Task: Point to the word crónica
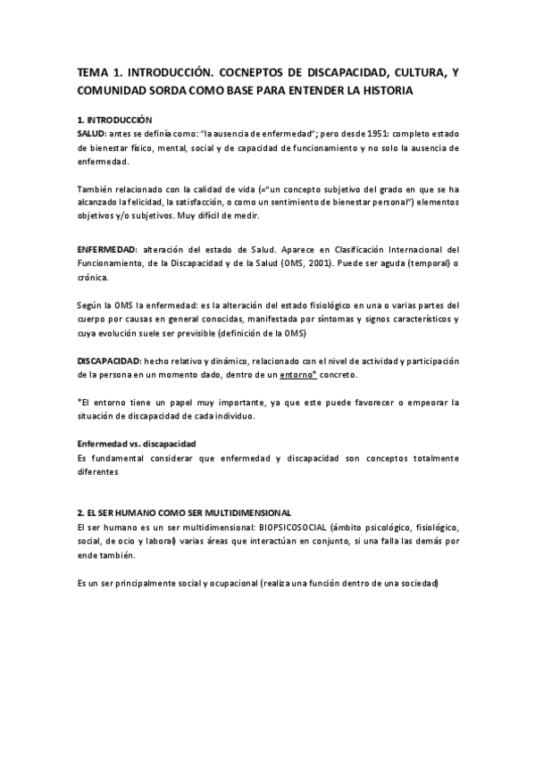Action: click(x=93, y=278)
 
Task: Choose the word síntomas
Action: click(x=358, y=319)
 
